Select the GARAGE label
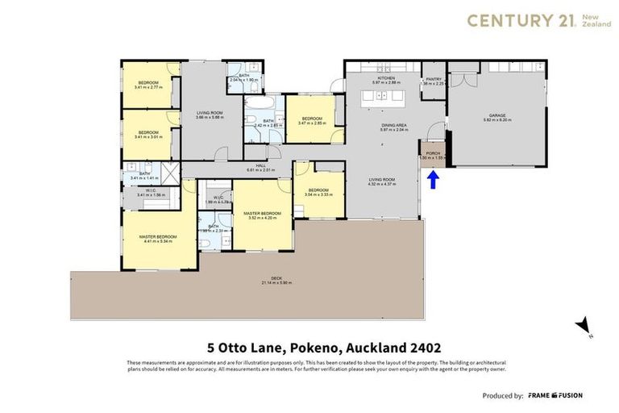click(x=496, y=117)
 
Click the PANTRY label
click(x=433, y=79)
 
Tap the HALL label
click(x=260, y=167)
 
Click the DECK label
click(x=269, y=279)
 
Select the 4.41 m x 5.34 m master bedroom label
click(x=160, y=236)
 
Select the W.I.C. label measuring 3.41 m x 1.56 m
click(x=151, y=191)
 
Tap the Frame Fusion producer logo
click(x=555, y=395)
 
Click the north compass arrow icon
click(x=582, y=326)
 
